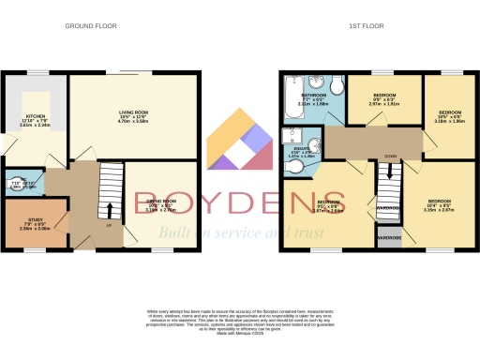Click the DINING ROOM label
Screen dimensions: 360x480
(160, 203)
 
